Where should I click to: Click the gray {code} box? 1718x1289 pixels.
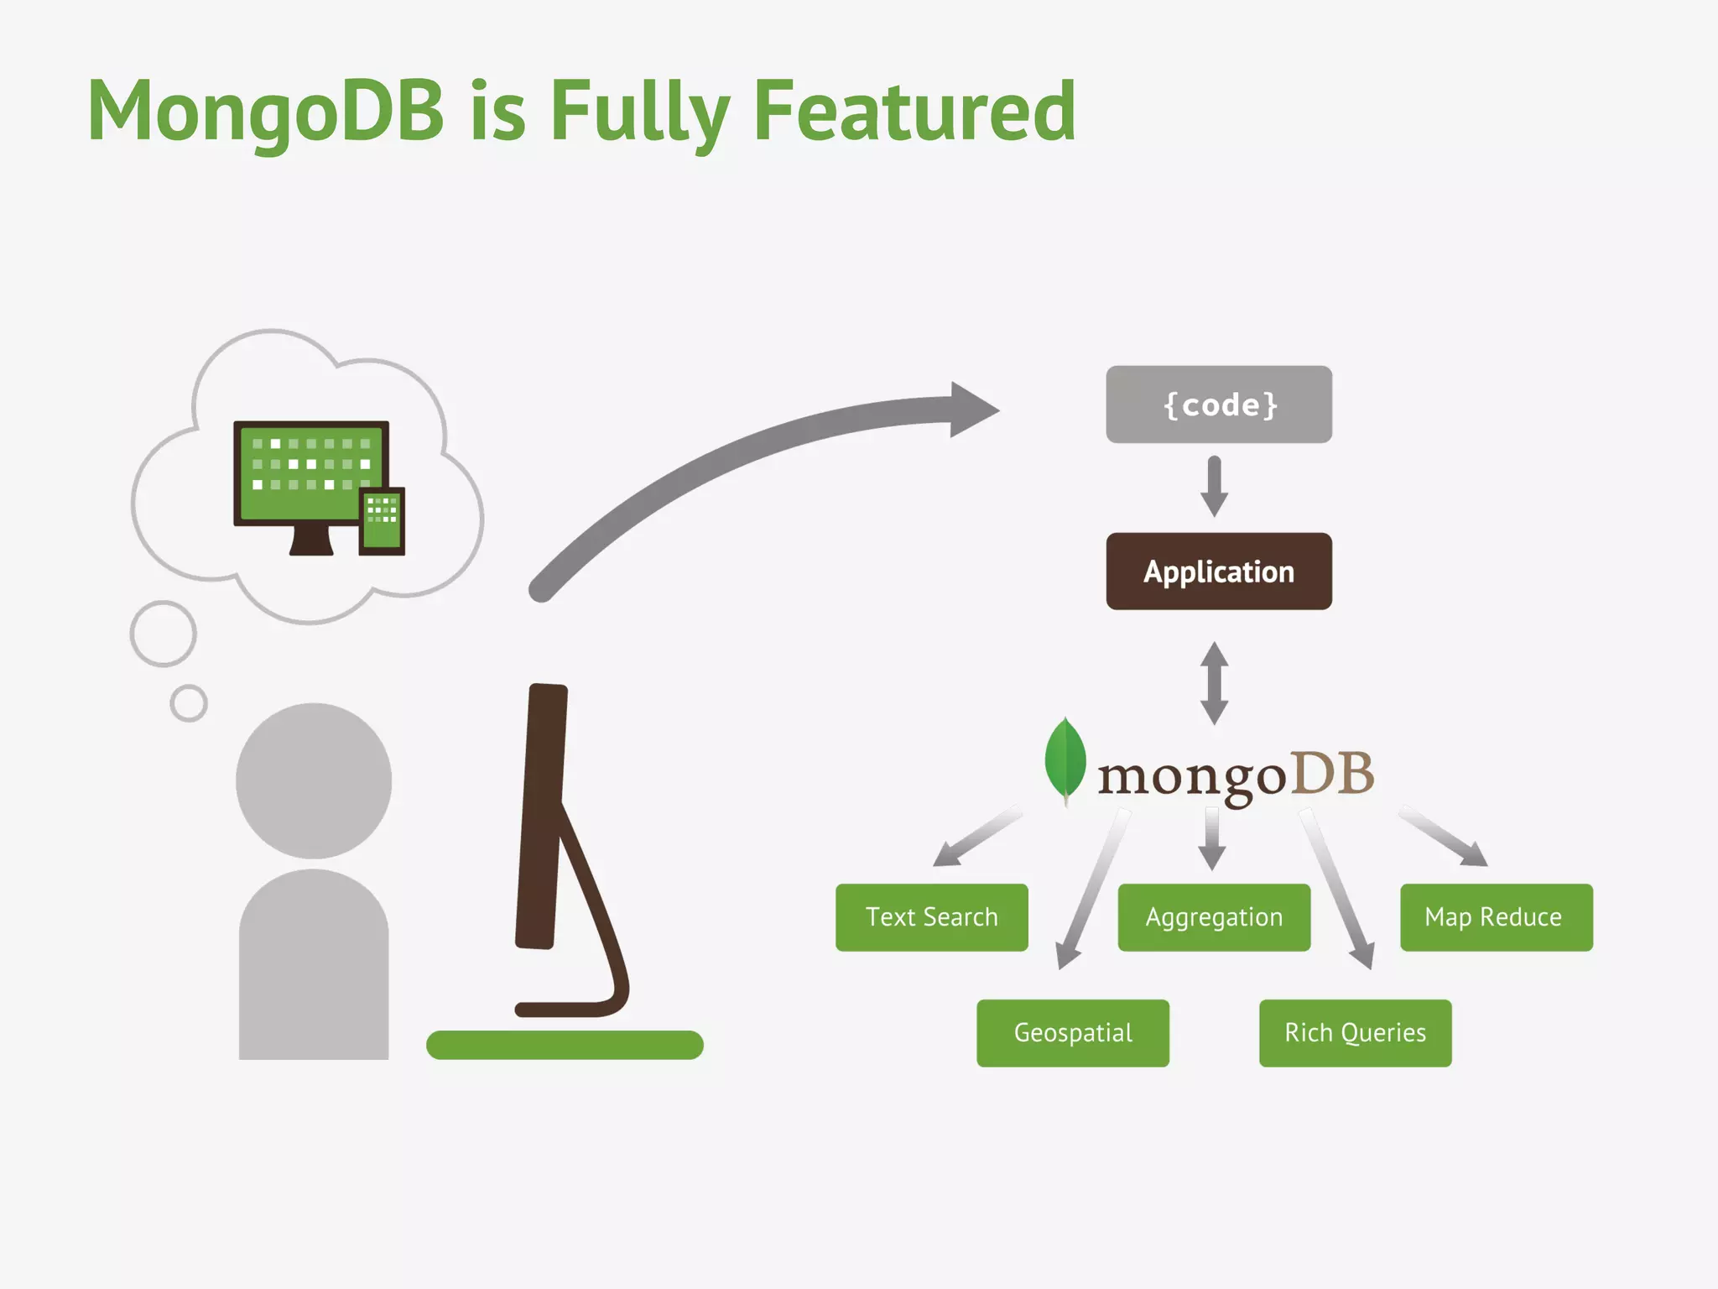click(1218, 404)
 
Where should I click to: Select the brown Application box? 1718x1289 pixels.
click(1218, 571)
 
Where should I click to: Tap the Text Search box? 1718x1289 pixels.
click(931, 917)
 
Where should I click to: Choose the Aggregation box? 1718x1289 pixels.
click(1214, 917)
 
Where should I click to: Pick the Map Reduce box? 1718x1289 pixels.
click(1496, 917)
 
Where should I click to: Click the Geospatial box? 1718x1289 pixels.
click(1072, 1033)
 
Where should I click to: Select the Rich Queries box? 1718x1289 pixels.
click(1355, 1033)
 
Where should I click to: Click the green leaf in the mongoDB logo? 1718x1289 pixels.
click(1065, 759)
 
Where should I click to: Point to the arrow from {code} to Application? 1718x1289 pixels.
click(1214, 487)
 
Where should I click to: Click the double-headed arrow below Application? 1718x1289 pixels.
click(1214, 683)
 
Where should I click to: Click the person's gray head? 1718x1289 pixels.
click(313, 780)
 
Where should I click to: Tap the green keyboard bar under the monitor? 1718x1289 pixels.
click(565, 1046)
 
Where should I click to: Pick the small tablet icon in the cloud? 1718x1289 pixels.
click(382, 520)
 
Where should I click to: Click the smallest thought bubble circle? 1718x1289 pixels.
click(189, 703)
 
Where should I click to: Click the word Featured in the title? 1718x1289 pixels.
click(914, 111)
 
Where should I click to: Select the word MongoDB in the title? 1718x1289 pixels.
click(266, 111)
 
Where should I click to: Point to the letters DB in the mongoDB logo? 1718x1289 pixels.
click(1331, 774)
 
